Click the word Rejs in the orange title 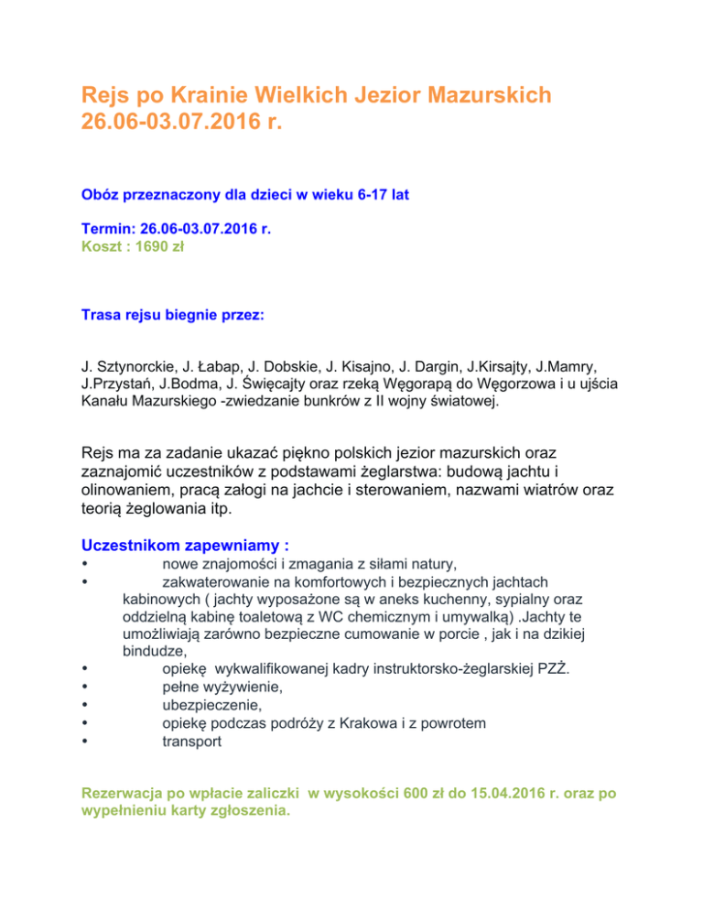[106, 94]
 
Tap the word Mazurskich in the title [472, 94]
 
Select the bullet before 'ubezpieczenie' [84, 706]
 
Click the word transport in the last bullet [191, 742]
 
